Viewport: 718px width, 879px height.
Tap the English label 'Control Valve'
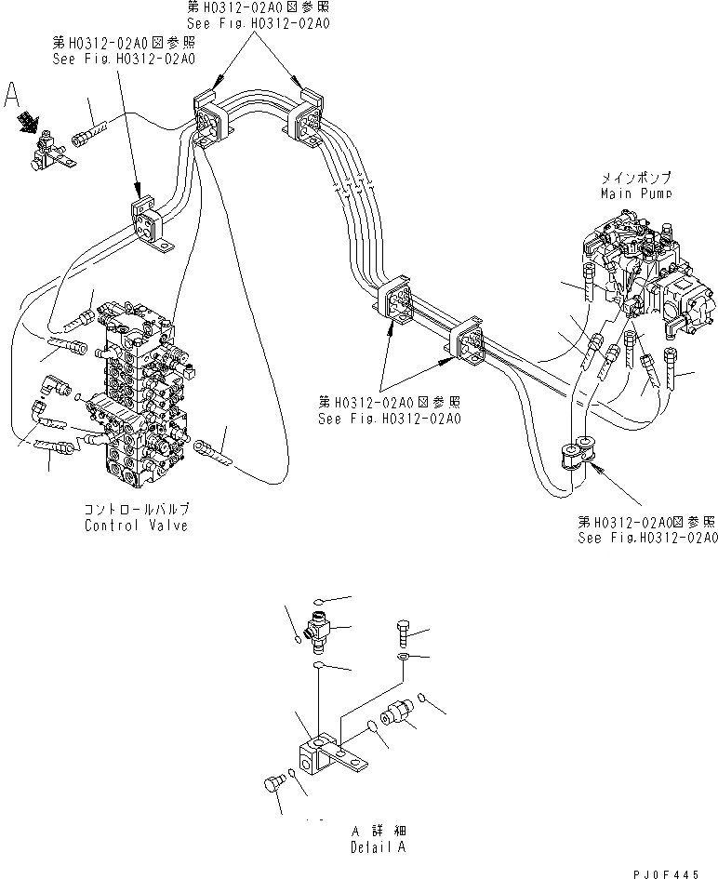[136, 526]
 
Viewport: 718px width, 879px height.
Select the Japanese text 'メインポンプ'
[635, 177]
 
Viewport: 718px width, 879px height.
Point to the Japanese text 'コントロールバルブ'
[136, 510]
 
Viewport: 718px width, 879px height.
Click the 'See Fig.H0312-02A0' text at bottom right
[648, 539]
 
